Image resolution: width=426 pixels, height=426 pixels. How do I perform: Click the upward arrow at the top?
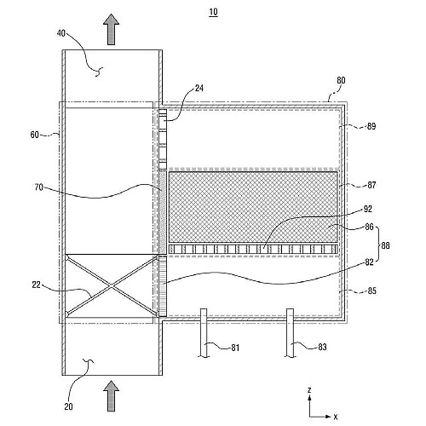[111, 29]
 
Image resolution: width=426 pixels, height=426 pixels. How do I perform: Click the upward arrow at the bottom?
[111, 396]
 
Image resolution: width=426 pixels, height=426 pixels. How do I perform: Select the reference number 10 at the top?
[213, 12]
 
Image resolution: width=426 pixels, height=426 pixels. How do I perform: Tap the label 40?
[61, 33]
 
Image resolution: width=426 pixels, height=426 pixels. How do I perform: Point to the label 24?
[199, 89]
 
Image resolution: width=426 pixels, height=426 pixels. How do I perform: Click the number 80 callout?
[341, 80]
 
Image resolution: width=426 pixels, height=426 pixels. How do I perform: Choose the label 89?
[371, 126]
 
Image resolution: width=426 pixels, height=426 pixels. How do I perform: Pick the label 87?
[371, 185]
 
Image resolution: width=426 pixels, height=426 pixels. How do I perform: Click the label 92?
[367, 209]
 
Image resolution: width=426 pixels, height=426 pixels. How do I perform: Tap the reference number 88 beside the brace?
[385, 245]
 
